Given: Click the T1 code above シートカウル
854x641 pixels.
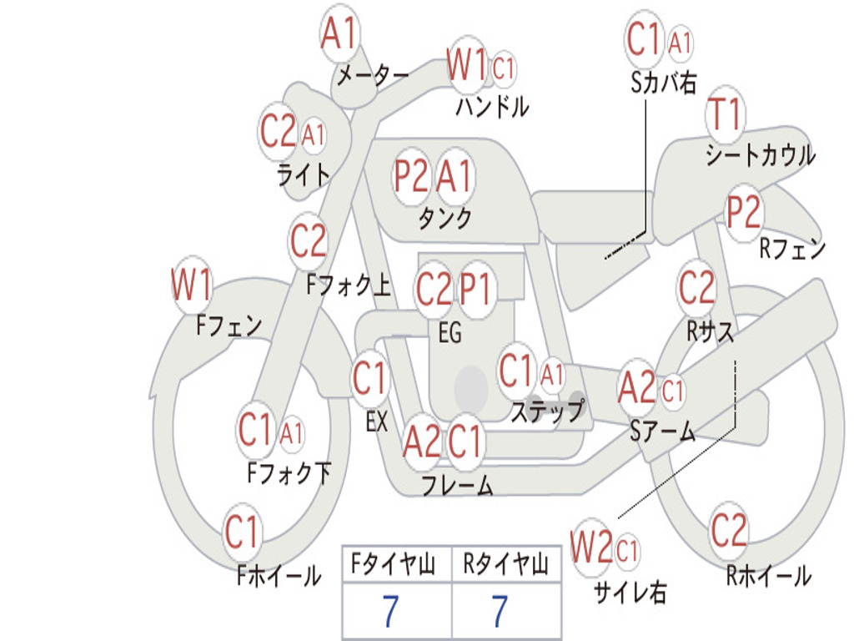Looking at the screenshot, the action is [x=725, y=114].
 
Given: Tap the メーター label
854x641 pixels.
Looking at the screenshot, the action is [x=373, y=75].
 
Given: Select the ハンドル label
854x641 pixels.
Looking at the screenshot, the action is [x=492, y=106].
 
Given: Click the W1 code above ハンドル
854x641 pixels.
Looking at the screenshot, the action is [x=466, y=65].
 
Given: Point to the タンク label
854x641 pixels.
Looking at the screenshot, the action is [x=445, y=218].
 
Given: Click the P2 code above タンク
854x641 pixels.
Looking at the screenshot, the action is [x=411, y=176].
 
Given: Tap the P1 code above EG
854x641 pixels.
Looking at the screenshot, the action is [x=476, y=288].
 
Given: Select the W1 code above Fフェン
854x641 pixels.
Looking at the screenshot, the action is [x=191, y=284].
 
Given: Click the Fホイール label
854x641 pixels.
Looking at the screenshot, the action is [x=279, y=576].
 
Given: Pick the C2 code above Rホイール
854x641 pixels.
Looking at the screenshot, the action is [x=729, y=530].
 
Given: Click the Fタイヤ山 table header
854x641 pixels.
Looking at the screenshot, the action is [x=393, y=563].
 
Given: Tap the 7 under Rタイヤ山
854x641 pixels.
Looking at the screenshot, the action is [x=500, y=610].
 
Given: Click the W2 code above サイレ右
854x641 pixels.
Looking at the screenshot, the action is [x=591, y=547].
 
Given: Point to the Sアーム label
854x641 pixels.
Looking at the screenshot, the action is [x=663, y=432].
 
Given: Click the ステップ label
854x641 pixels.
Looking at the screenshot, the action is [x=547, y=411].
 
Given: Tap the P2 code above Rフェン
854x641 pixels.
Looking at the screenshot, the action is [x=743, y=212].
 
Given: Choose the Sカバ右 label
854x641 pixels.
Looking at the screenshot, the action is [x=664, y=83].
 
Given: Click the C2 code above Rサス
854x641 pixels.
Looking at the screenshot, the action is [x=696, y=287].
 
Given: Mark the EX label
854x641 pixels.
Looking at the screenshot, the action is [x=377, y=421].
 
